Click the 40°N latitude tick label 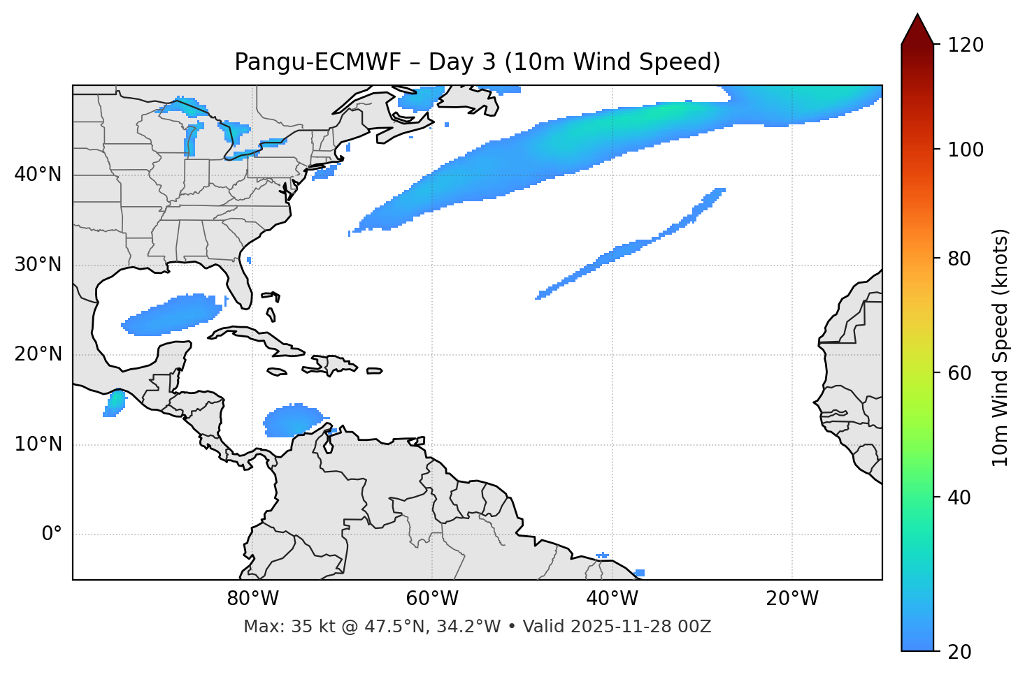[x=38, y=175]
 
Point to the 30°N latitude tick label [x=38, y=265]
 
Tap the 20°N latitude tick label [x=38, y=354]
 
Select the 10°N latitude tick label [x=38, y=444]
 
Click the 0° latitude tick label [x=52, y=534]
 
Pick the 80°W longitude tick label [x=252, y=599]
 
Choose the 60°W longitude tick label [x=432, y=599]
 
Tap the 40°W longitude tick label [x=612, y=599]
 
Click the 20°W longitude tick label [x=792, y=599]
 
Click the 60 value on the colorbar [x=959, y=373]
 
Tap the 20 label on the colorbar [x=959, y=652]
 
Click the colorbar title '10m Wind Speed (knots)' [x=1001, y=348]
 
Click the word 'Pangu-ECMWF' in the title [x=317, y=62]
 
